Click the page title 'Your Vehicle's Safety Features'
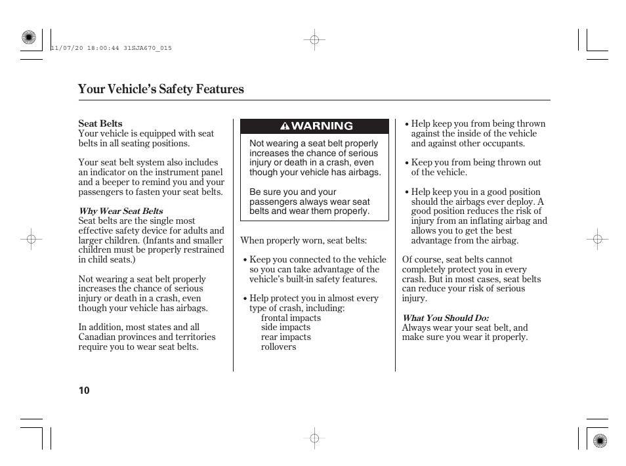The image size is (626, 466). pos(161,89)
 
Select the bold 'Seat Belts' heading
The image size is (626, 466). pos(100,123)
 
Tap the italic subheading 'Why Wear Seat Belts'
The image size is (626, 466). pos(121,211)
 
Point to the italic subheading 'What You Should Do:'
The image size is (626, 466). pos(445,318)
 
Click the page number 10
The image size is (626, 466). pos(84,391)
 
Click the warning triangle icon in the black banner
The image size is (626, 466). pos(285,126)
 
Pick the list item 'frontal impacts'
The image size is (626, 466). pos(291,318)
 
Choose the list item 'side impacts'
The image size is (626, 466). pos(285,328)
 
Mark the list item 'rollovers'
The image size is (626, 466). pos(278,347)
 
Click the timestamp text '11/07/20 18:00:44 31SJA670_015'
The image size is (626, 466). pos(111,48)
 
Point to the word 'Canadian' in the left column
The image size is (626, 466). pos(98,337)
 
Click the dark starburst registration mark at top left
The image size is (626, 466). pos(28,38)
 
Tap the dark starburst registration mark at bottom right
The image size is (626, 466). pos(598,440)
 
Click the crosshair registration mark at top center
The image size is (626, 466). pos(314,40)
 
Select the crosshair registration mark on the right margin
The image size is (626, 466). pos(597,240)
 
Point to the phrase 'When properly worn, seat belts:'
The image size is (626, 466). pos(303,241)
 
